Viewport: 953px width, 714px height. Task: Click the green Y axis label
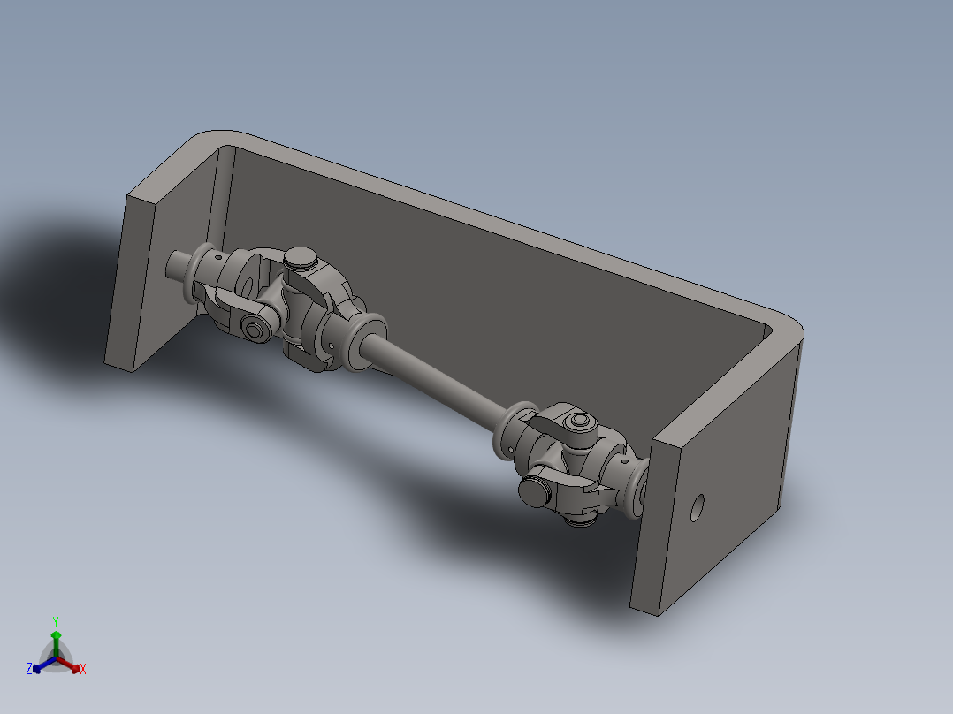[x=55, y=621]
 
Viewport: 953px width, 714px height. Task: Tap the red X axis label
[x=83, y=670]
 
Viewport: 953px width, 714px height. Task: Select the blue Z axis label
[x=29, y=670]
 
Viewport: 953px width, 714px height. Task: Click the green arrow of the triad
[x=56, y=640]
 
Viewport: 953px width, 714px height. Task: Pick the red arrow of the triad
[x=72, y=665]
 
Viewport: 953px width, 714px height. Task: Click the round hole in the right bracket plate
[x=698, y=507]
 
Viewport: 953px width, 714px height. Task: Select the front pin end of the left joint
[x=256, y=330]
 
